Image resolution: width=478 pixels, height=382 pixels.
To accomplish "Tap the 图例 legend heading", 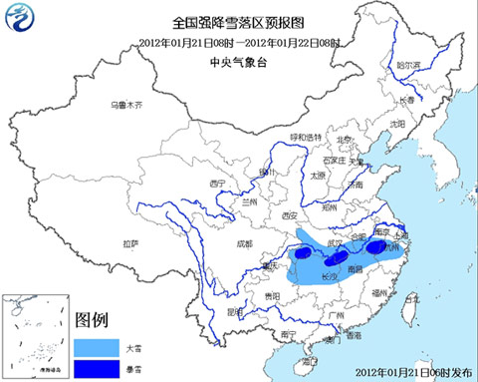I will pos(91,321).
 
